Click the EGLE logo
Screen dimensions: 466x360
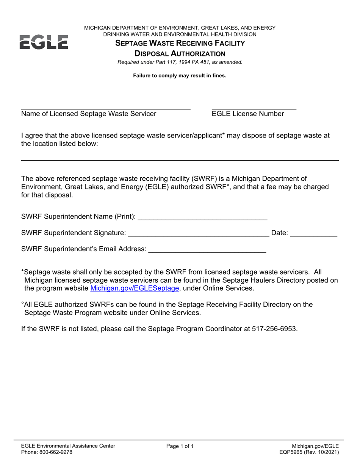44,42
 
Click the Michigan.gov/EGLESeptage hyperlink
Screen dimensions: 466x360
135,288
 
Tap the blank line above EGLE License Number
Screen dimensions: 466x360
254,109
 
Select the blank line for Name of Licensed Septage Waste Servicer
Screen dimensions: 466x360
106,109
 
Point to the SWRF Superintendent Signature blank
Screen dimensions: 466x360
199,236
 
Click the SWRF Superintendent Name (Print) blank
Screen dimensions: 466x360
203,219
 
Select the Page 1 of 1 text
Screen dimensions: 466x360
180,446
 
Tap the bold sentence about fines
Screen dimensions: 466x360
180,75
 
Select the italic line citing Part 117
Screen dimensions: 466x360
180,62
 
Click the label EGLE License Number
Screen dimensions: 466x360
248,114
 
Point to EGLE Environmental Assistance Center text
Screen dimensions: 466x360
68,446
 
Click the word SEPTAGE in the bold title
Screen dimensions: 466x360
131,43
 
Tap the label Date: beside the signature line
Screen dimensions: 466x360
280,233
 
